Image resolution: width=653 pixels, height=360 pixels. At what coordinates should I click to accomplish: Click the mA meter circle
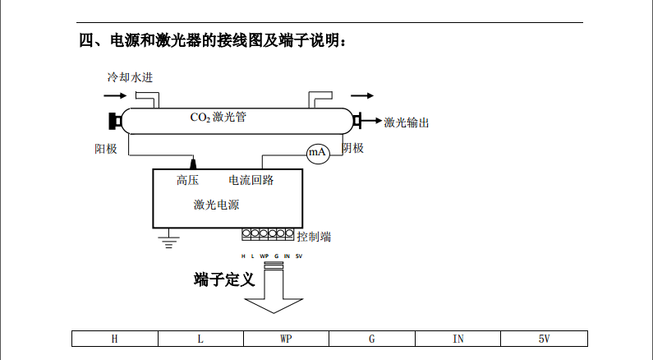pos(318,153)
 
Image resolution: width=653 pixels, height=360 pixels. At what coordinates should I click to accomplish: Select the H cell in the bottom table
pos(114,339)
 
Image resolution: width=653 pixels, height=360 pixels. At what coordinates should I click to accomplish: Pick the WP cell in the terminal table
pos(286,339)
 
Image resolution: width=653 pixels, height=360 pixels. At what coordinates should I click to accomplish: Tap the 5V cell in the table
pos(544,339)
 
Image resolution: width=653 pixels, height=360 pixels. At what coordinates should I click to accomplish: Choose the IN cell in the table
pos(458,339)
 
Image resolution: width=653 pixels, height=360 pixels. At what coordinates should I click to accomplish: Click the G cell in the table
pos(372,339)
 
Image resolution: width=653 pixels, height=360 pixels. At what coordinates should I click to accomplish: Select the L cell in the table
pos(200,339)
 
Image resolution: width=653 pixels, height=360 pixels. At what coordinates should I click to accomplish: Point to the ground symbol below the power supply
pos(169,241)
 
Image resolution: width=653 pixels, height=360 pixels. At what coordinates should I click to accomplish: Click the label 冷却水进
pos(130,77)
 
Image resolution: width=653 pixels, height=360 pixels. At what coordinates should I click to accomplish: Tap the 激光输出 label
pos(407,122)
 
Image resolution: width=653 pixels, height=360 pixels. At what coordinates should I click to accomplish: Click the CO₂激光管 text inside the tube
pos(218,117)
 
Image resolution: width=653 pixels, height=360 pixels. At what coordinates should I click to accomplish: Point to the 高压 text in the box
pos(188,180)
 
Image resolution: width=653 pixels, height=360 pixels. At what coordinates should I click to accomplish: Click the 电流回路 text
pos(251,180)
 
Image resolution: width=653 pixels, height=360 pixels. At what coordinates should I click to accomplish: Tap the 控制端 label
pos(315,237)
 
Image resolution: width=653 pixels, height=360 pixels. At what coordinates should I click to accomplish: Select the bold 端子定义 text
pos(224,279)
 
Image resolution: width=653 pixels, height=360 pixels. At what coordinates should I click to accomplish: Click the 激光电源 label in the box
pos(217,205)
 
